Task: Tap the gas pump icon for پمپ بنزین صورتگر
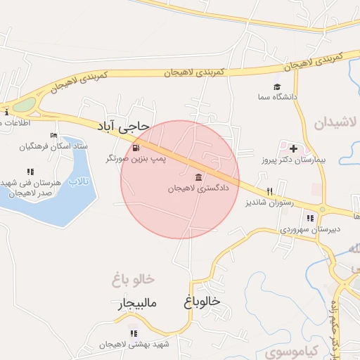[x=135, y=148]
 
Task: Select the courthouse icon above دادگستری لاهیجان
[x=199, y=176]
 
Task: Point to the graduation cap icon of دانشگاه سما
[x=278, y=86]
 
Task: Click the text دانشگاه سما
[x=277, y=96]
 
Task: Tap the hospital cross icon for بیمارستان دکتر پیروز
[x=293, y=148]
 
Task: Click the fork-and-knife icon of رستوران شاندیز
[x=269, y=191]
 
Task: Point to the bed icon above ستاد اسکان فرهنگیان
[x=53, y=136]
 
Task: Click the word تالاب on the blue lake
[x=83, y=181]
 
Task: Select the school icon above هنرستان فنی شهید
[x=30, y=171]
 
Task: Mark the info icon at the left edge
[x=6, y=112]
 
